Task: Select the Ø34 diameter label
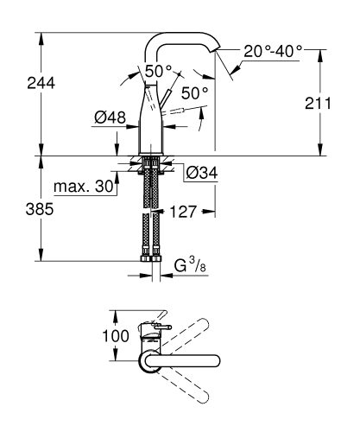(x=201, y=172)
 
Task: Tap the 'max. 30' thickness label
(x=85, y=187)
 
